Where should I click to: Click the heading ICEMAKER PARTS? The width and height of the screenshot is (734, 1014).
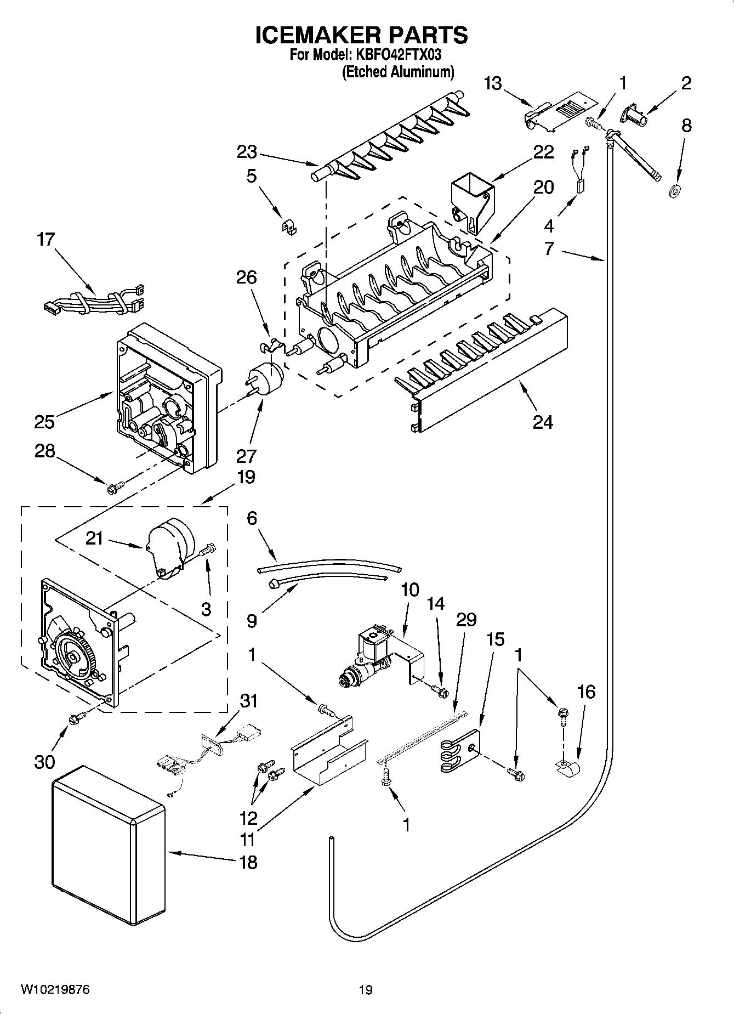pos(362,35)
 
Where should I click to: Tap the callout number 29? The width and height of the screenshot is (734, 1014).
pos(466,620)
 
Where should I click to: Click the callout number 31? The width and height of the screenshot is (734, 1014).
pos(249,701)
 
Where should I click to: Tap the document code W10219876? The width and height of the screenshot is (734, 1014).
pos(55,989)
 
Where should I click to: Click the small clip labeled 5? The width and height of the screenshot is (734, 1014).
pos(289,226)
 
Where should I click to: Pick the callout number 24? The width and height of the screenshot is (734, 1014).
pos(542,422)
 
